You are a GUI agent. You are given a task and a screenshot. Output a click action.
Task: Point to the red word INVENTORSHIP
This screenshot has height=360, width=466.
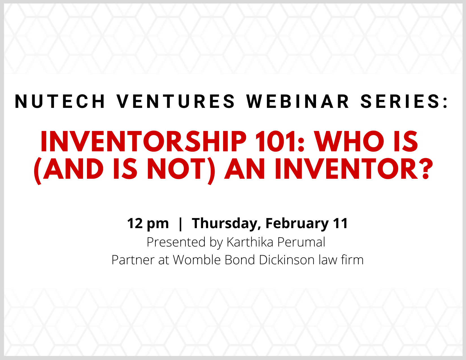143,141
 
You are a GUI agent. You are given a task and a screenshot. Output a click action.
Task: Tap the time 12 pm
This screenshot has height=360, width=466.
148,224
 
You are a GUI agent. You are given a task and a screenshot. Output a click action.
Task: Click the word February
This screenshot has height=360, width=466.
297,224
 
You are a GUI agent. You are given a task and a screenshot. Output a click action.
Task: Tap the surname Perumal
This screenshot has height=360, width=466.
301,242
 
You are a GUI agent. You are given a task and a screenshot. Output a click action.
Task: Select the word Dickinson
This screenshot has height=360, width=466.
287,260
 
